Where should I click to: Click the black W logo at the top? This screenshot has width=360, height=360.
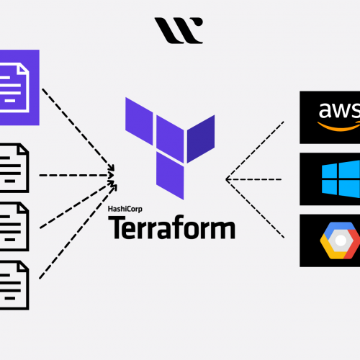click(179, 30)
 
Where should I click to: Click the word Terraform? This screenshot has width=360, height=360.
click(171, 227)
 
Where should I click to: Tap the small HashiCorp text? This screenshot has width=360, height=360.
click(125, 209)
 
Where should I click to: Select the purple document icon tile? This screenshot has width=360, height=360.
click(19, 87)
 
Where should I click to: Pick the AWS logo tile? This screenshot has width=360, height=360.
click(330, 117)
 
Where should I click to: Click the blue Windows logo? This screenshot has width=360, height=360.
click(341, 179)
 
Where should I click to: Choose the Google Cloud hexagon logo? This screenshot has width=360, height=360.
click(340, 240)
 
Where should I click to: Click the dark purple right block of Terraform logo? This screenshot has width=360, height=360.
click(201, 139)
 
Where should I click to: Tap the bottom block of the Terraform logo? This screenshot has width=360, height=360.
click(170, 176)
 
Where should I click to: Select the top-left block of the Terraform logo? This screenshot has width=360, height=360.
click(139, 121)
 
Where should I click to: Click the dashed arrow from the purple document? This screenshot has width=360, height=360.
click(78, 130)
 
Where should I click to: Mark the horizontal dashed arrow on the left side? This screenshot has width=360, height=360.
click(76, 176)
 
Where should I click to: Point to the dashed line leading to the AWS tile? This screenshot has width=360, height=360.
click(255, 150)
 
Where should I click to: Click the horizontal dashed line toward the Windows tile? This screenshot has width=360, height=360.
click(253, 179)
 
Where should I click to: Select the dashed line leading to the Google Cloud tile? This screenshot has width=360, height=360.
click(255, 209)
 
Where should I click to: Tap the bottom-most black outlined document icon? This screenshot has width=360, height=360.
click(14, 285)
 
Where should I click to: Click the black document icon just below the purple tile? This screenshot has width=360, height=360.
click(14, 168)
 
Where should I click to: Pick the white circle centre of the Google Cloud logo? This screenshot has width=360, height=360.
click(341, 240)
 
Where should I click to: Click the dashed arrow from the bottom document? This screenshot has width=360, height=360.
click(78, 232)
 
